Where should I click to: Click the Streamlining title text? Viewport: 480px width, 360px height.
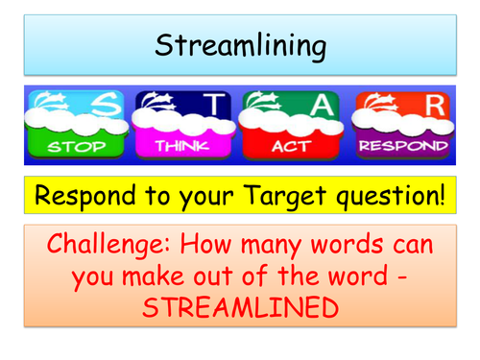pos(239,45)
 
